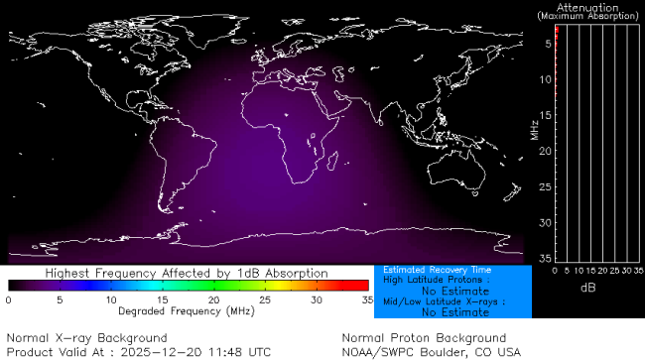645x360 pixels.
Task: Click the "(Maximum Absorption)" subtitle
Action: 589,17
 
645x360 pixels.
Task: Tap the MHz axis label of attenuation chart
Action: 534,128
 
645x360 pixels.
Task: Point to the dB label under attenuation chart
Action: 589,287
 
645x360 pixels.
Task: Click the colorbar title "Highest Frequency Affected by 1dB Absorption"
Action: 188,273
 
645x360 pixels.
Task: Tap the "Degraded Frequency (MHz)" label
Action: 188,311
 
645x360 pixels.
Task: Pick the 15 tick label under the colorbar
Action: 162,300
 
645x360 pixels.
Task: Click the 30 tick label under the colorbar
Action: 316,300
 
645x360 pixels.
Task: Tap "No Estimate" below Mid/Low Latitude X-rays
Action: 455,312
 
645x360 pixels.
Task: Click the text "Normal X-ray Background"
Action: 86,337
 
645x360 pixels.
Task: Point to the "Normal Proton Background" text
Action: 424,337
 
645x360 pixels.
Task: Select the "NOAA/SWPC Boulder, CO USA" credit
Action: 430,351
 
